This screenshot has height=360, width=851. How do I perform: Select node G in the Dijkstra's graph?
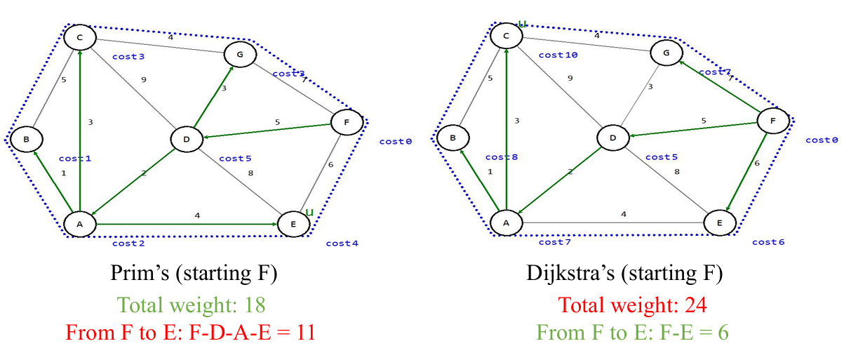[666, 52]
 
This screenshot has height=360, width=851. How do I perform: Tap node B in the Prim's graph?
[26, 139]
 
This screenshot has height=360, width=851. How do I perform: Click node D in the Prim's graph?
[187, 139]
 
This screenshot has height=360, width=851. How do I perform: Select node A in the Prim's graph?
[79, 223]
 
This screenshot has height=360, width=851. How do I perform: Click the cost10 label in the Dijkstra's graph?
[558, 55]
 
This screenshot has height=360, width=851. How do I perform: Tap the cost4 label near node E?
[342, 244]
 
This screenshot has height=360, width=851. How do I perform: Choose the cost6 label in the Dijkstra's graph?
[768, 242]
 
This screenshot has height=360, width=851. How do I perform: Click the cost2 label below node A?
[128, 244]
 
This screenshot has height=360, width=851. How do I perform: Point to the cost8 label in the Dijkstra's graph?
[501, 157]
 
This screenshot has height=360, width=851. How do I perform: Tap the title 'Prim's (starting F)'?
[194, 274]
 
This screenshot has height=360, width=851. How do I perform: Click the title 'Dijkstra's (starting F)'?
[624, 274]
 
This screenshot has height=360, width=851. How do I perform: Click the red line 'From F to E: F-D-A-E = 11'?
[190, 332]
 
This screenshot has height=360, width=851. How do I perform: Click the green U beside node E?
[308, 212]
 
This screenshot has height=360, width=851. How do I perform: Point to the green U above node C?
[522, 24]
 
